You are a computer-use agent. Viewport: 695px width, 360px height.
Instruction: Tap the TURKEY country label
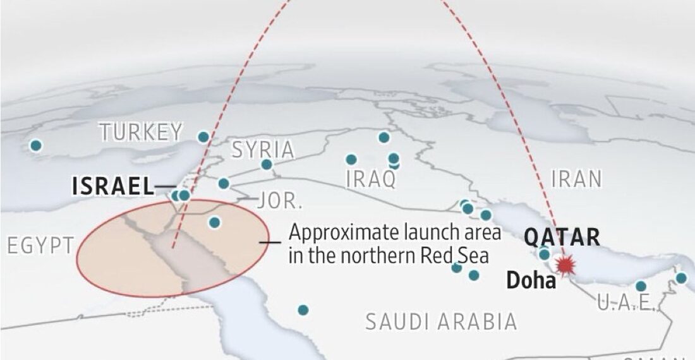click(141, 133)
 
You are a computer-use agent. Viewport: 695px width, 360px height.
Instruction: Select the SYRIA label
click(263, 150)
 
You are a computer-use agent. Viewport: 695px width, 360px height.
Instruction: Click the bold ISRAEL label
click(113, 186)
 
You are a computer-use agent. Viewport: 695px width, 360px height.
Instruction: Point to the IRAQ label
click(372, 179)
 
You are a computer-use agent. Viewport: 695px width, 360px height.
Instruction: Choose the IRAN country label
click(576, 179)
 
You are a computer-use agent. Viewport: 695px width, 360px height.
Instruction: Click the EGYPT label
click(40, 246)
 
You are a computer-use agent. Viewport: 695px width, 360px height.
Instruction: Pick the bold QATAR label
click(562, 237)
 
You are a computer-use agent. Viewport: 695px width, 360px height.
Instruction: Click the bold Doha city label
click(531, 280)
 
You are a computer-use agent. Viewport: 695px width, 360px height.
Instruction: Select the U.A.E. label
click(625, 303)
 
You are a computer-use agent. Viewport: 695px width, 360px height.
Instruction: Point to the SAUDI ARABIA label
click(442, 322)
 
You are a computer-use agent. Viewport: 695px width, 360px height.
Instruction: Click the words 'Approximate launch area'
click(395, 232)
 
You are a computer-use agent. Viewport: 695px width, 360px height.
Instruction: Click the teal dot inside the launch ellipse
click(215, 222)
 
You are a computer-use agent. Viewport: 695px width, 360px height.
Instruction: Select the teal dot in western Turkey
click(36, 145)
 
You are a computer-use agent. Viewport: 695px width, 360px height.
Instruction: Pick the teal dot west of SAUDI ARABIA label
click(303, 310)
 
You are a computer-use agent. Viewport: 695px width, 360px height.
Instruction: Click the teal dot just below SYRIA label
click(267, 165)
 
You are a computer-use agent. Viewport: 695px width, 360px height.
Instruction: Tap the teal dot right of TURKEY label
click(203, 137)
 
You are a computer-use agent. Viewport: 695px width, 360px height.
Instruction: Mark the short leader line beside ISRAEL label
click(165, 186)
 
